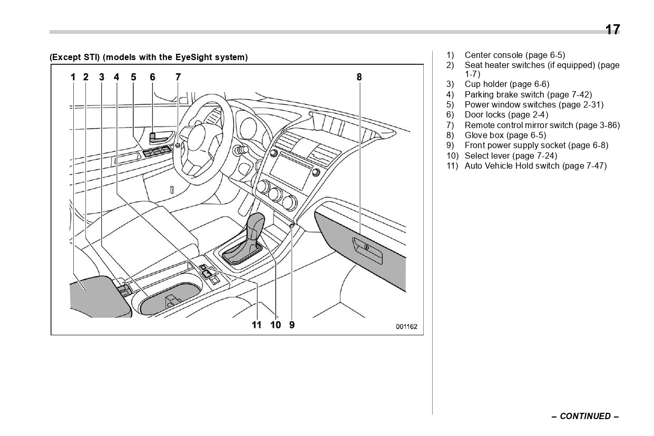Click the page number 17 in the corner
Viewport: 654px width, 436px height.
point(612,30)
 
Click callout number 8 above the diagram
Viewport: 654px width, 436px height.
point(359,77)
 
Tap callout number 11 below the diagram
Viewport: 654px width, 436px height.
point(257,325)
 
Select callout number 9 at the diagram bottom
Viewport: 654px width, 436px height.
point(292,325)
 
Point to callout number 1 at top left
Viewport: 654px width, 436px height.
point(74,77)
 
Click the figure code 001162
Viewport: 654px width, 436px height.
point(406,327)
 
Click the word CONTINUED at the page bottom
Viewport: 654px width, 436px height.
point(585,416)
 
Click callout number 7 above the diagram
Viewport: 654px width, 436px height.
point(178,77)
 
